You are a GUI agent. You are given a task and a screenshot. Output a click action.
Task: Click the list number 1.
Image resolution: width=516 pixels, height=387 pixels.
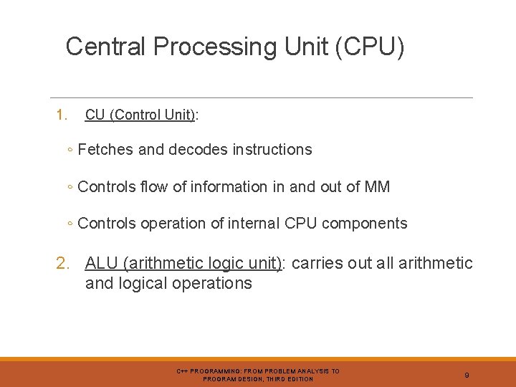point(62,115)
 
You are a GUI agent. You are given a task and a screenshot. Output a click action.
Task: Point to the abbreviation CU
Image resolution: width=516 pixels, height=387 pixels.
point(95,115)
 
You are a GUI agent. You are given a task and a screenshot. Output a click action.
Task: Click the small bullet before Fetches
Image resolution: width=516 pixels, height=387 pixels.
point(68,150)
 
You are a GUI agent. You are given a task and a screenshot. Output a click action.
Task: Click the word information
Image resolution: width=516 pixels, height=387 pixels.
point(227,187)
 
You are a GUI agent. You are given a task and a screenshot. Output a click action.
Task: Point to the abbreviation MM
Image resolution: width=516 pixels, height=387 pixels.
point(377,187)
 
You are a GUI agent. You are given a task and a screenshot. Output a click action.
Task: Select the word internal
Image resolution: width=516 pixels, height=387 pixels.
point(254,224)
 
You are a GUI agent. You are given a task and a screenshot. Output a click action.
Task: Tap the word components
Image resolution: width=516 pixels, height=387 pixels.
point(365,224)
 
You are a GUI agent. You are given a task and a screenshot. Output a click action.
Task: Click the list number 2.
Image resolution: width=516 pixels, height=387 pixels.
point(63,264)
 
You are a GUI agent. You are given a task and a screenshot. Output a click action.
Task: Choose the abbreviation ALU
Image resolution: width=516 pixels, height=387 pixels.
point(101,264)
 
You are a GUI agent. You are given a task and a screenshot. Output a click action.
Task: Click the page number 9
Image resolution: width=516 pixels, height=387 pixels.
point(467,375)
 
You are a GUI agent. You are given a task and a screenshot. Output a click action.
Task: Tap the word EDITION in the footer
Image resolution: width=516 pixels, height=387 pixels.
point(300,378)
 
